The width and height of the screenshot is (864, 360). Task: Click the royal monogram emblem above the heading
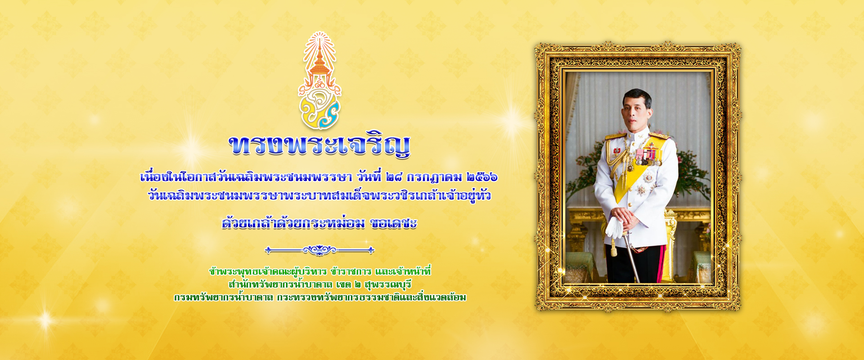319,81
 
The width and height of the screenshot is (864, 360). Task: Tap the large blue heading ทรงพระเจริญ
319,145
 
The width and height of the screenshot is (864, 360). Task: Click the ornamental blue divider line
319,250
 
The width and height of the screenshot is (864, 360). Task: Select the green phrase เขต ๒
349,284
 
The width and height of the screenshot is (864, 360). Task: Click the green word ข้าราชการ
351,271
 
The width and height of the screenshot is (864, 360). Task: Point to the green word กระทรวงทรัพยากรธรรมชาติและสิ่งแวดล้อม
372,297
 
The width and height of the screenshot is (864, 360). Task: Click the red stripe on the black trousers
661,263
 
